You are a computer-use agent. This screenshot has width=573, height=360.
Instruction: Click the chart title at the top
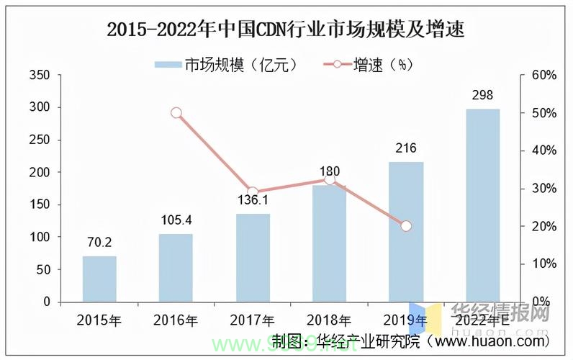click(x=286, y=30)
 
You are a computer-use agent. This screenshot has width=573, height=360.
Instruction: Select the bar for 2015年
click(x=99, y=279)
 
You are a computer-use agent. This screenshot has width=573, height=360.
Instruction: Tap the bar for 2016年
click(x=176, y=267)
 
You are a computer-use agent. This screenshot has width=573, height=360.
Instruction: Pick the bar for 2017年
click(x=253, y=257)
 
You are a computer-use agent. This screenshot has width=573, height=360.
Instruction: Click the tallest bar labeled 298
click(x=482, y=204)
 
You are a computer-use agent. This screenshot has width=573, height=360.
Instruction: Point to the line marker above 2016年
click(x=176, y=112)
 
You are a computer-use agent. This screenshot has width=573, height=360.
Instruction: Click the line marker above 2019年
click(x=406, y=225)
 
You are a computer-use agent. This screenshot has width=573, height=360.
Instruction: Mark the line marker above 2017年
click(x=253, y=192)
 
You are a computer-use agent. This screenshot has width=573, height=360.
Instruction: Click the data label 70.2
click(x=99, y=243)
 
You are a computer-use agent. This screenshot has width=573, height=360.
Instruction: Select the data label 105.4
click(x=176, y=220)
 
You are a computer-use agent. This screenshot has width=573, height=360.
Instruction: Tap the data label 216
click(x=406, y=149)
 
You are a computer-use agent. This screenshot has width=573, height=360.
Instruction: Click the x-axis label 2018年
click(x=329, y=320)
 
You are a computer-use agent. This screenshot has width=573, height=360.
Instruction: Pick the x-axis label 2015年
click(x=99, y=320)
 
